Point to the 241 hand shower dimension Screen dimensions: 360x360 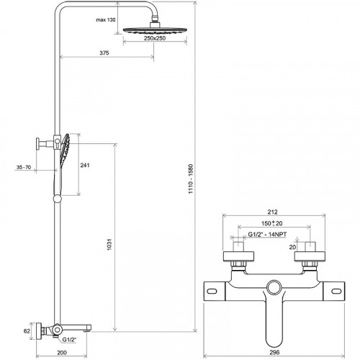click(x=84, y=166)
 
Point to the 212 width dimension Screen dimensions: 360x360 click(x=271, y=212)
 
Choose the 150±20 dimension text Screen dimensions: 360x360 click(x=271, y=224)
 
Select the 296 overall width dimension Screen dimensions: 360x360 click(x=271, y=354)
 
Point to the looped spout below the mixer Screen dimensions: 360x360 click(x=272, y=324)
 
